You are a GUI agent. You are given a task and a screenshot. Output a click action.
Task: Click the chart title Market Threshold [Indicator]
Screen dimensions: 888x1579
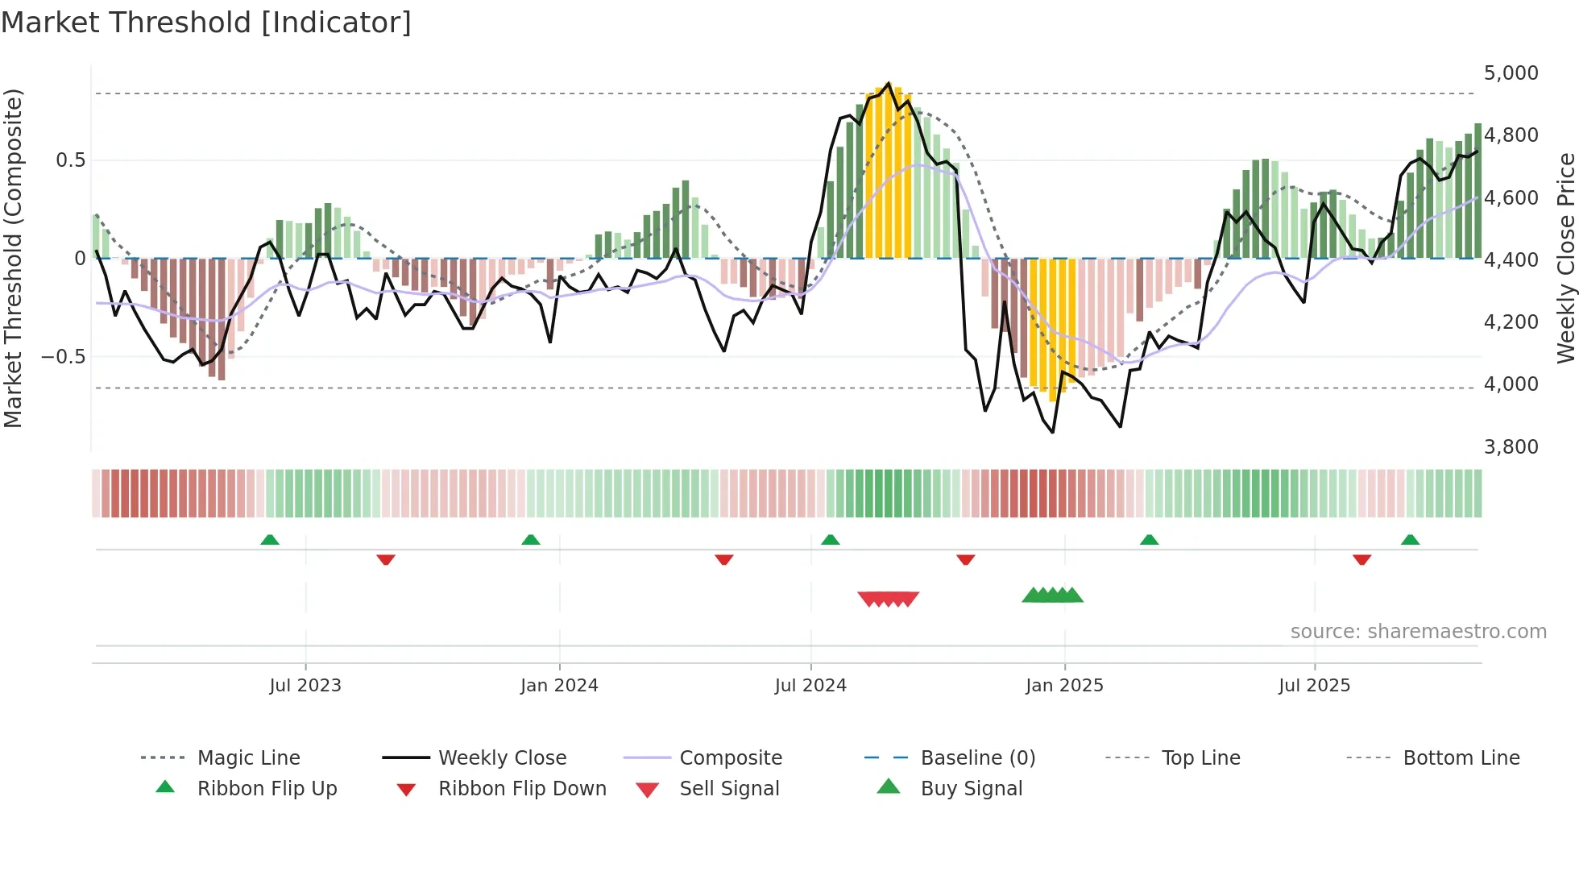206,23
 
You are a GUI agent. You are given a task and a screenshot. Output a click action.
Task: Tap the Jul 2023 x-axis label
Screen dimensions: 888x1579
305,686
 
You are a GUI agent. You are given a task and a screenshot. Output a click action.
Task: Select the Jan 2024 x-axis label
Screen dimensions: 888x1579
559,686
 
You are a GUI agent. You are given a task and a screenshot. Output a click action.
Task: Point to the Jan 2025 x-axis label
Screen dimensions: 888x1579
1064,686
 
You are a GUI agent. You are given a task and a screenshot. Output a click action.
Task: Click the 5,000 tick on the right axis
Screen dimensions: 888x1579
1511,73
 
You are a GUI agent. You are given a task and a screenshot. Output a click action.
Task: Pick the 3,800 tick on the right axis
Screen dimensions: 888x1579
1511,447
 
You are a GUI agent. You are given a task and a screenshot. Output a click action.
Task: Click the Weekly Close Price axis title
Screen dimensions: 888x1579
1565,258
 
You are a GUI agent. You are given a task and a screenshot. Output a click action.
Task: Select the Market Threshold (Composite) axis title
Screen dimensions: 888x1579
13,258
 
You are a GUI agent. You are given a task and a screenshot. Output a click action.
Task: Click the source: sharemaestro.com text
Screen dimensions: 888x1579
1418,632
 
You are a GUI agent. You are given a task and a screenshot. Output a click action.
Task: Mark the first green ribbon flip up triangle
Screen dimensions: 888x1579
270,540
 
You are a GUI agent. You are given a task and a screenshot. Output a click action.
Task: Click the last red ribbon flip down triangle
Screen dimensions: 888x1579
1361,559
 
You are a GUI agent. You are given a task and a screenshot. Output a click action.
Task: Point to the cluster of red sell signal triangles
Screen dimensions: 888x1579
889,599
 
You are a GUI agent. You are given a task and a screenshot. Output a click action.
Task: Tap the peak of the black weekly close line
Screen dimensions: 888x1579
889,83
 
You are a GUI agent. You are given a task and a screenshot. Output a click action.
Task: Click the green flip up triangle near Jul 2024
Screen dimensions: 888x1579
830,540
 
